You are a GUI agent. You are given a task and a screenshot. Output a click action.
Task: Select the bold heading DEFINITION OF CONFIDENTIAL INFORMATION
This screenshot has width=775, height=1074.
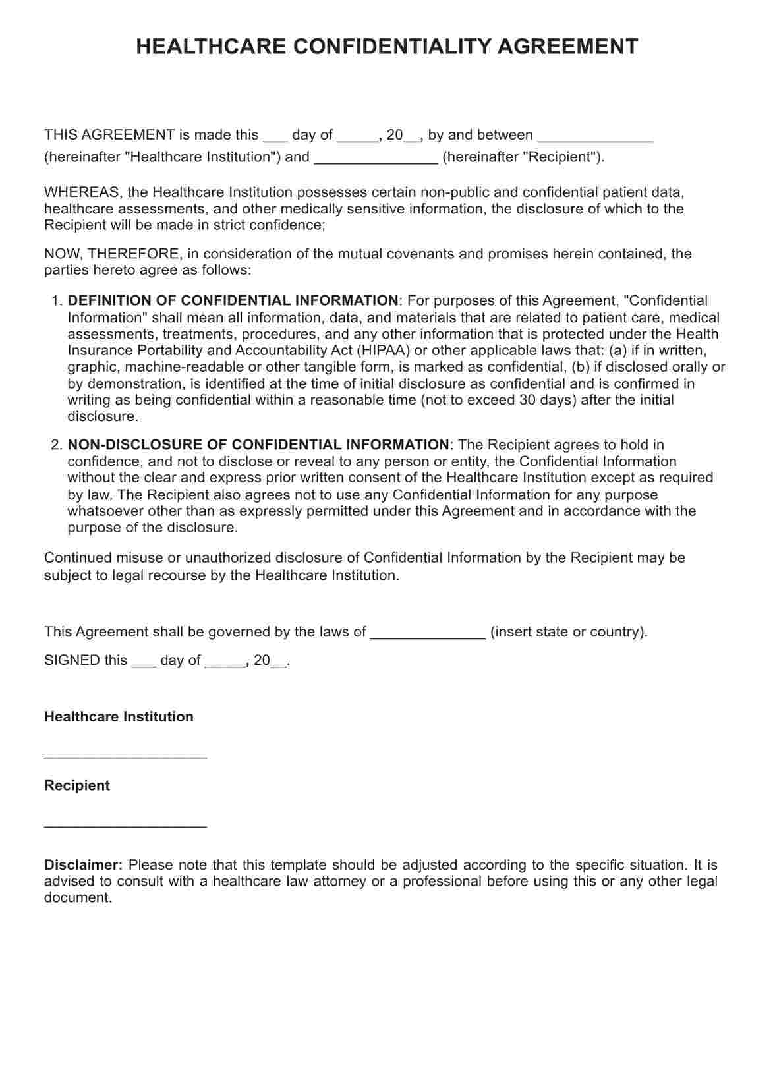[233, 301]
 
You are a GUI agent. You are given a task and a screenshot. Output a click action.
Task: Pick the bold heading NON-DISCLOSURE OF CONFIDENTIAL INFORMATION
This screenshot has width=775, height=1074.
[258, 445]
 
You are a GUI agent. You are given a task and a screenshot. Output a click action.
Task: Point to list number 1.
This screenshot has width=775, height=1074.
[56, 301]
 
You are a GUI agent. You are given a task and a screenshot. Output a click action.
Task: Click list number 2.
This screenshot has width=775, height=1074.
[56, 445]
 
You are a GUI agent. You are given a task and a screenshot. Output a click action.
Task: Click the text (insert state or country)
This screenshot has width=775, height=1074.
[569, 633]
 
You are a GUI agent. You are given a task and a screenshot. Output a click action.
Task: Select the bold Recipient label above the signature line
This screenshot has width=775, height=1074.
[77, 786]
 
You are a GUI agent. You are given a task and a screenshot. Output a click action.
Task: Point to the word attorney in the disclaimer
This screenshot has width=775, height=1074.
[340, 882]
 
